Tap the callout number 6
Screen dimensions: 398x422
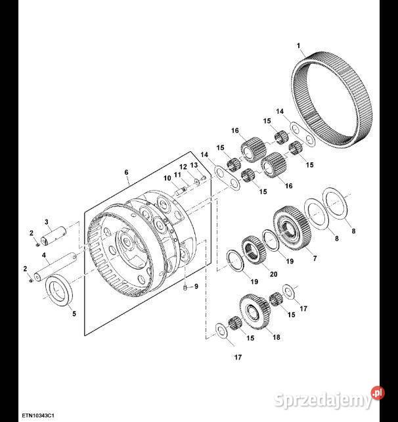127,172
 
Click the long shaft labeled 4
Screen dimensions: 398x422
55,267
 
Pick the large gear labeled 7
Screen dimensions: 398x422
292,227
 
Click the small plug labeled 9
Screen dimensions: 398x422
185,289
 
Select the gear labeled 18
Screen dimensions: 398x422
254,312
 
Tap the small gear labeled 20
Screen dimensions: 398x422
254,249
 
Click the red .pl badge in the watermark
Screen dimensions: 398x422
378,394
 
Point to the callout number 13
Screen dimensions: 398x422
194,165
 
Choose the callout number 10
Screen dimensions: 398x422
167,178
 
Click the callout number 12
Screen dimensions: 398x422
183,167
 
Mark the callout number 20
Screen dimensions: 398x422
273,274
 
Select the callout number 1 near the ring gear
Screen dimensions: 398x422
298,46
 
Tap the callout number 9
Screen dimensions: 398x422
196,287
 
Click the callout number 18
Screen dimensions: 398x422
276,337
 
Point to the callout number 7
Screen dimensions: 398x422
315,258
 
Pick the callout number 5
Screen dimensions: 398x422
74,314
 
